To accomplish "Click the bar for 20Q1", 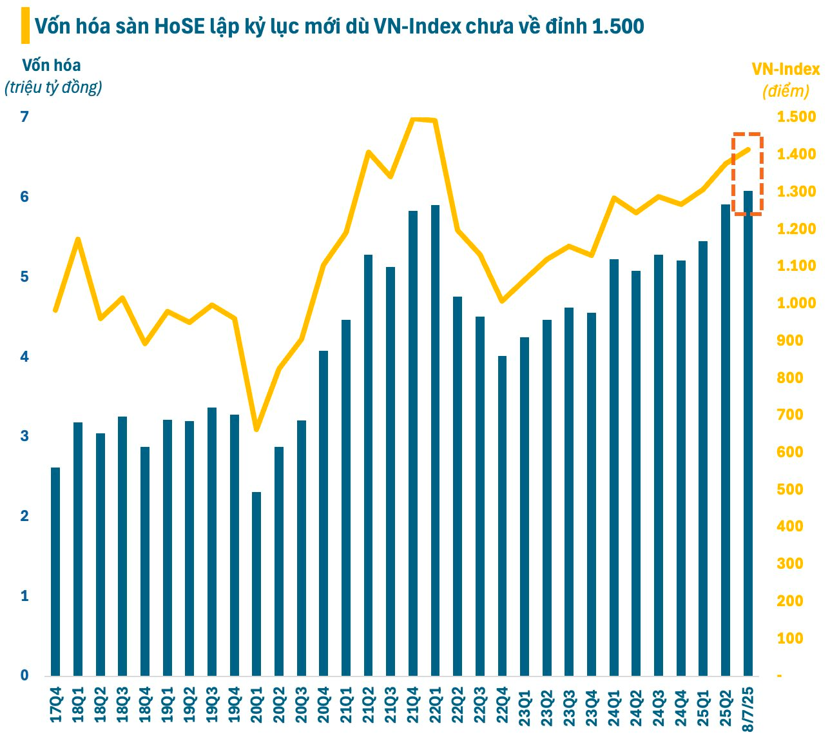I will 256,584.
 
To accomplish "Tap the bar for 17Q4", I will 55,571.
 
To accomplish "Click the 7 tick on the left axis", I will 24,117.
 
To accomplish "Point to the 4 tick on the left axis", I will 24,357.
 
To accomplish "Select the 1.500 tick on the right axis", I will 796,117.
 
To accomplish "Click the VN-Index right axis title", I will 786,70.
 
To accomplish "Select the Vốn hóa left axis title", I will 52,65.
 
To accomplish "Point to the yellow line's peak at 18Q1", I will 78,239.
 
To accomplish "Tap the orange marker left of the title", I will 25,26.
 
